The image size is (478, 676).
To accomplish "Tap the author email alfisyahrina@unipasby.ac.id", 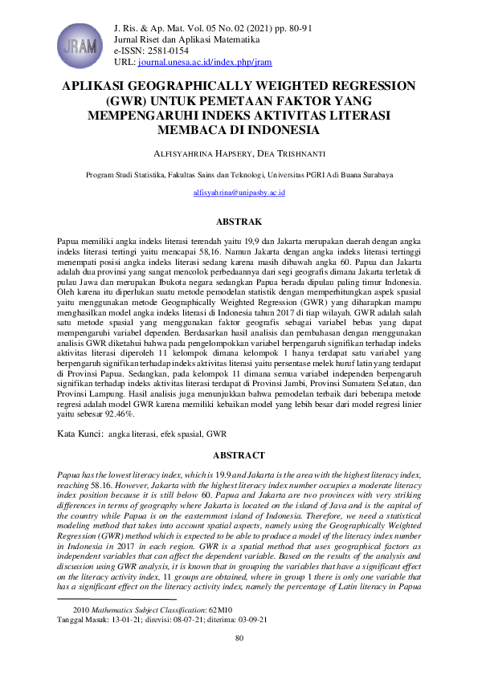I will point(239,193).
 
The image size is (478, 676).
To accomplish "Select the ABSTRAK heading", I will point(239,220).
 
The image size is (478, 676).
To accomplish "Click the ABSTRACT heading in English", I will point(239,455).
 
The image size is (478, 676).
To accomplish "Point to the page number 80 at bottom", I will point(239,638).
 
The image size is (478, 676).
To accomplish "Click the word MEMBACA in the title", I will point(198,128).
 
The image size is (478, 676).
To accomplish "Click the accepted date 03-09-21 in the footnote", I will point(250,620).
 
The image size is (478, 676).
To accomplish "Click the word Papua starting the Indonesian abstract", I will point(69,241).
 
